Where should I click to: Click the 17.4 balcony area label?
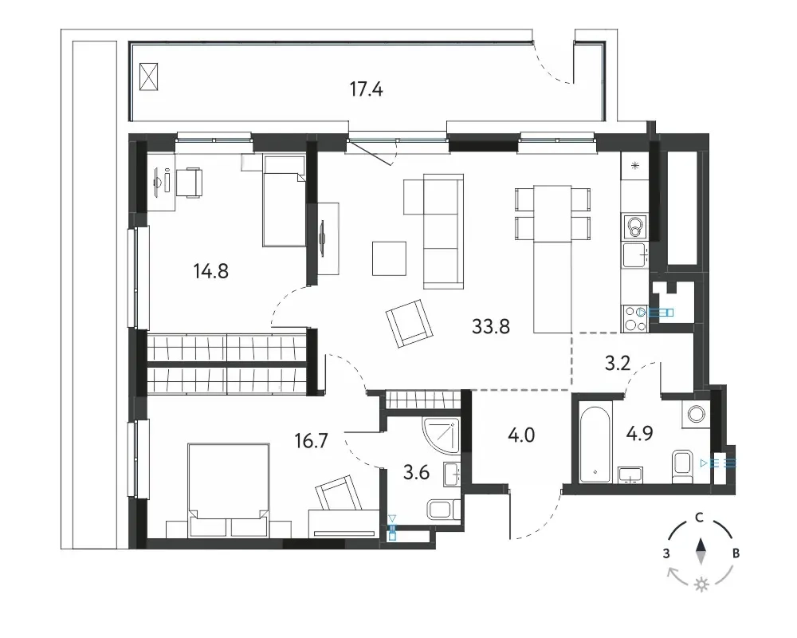[x=366, y=89]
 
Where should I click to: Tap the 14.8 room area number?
[x=211, y=271]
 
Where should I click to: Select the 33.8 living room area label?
[x=490, y=326]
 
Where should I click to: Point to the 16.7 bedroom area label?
[x=311, y=440]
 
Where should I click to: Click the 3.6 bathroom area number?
[x=416, y=473]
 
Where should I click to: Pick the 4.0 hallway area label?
[x=521, y=435]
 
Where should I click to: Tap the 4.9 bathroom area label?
[x=639, y=434]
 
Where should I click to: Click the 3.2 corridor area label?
[x=618, y=364]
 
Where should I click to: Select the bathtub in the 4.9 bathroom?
[x=595, y=443]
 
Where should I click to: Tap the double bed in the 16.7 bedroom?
[x=228, y=490]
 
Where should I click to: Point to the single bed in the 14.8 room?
[x=284, y=201]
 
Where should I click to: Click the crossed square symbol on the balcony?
[x=148, y=77]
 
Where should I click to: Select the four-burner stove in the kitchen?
[x=634, y=319]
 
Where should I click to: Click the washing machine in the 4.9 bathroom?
[x=695, y=413]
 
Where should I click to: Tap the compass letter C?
[x=700, y=518]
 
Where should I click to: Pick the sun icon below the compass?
[x=701, y=585]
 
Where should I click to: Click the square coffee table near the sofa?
[x=390, y=258]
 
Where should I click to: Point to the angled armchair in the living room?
[x=410, y=324]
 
